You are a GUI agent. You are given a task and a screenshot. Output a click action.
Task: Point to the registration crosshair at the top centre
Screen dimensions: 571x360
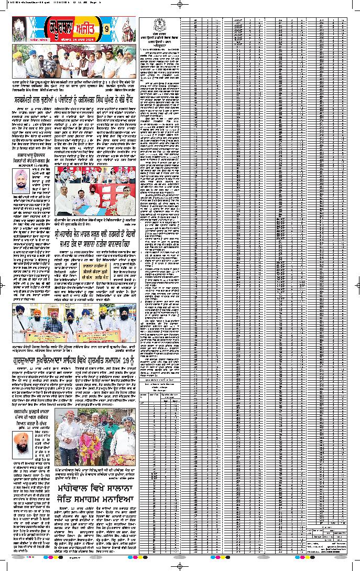(180, 4)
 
